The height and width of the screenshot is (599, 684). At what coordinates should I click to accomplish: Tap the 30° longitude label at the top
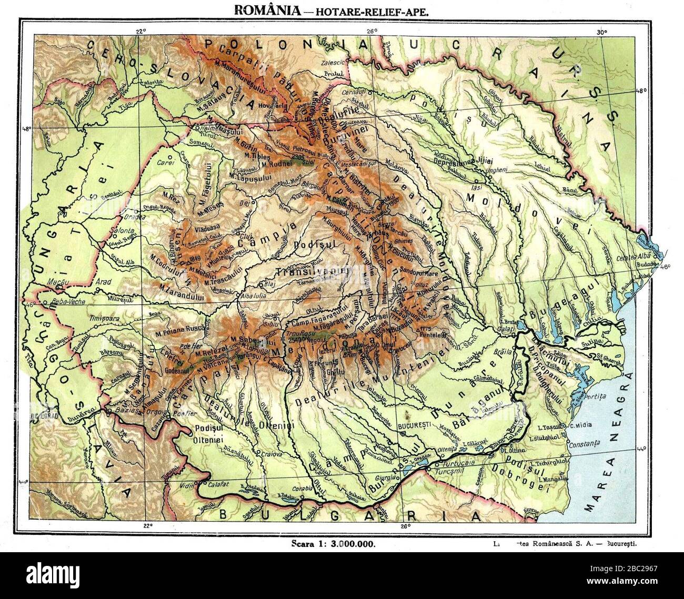click(x=602, y=31)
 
